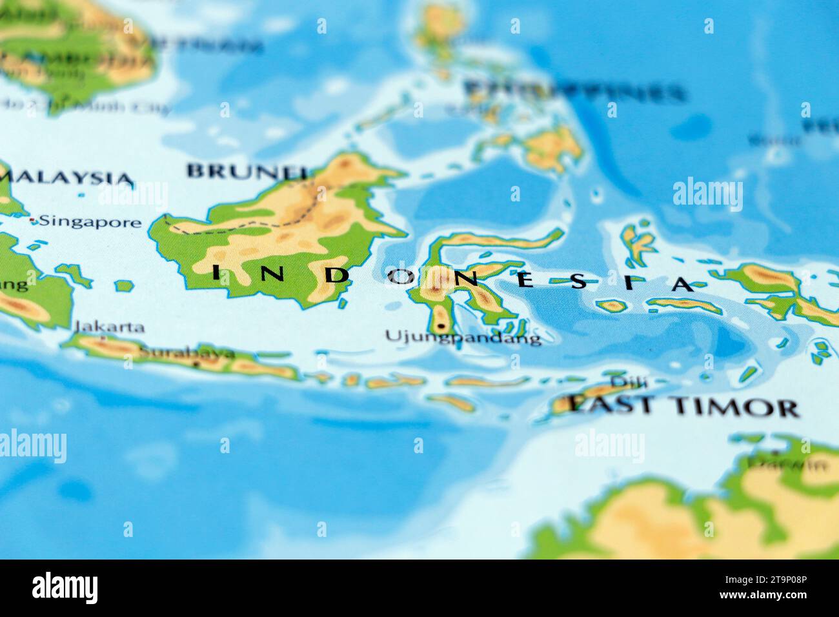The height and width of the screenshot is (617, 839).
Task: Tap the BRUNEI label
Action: coord(245,171)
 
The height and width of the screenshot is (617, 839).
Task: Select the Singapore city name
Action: coord(90,222)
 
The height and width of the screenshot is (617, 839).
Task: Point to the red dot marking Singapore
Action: coord(33,221)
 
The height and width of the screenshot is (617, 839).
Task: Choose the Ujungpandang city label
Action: coord(463,336)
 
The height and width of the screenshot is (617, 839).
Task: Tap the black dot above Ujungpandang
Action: coord(441,327)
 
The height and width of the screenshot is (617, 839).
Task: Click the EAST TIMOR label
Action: coord(684,406)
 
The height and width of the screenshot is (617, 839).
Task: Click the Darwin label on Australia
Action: coord(789,463)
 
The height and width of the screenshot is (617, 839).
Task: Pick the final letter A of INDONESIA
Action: coord(682,283)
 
